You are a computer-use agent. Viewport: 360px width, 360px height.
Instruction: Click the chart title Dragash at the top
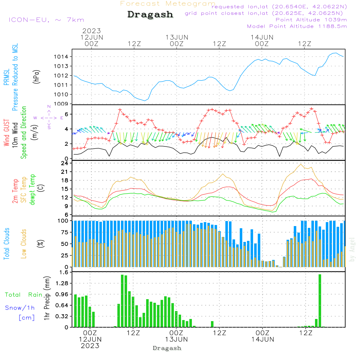click(150, 15)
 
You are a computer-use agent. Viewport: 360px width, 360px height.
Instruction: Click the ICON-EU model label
click(46, 20)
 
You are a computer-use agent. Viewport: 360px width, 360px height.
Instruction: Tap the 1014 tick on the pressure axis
click(63, 57)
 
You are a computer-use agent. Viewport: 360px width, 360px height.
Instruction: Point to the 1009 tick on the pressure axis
click(63, 104)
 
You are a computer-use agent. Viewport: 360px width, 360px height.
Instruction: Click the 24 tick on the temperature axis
click(65, 163)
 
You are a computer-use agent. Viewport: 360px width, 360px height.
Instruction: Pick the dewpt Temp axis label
click(32, 190)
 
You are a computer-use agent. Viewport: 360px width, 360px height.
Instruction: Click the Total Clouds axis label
click(6, 244)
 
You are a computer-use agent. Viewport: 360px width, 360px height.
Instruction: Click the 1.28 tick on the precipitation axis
click(61, 284)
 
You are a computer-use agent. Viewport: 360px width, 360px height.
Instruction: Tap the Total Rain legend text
click(24, 295)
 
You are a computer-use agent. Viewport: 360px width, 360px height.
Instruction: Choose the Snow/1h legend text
click(20, 308)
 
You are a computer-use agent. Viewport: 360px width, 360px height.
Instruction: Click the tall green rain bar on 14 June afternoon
click(320, 301)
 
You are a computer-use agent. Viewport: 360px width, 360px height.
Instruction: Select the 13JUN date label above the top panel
click(177, 37)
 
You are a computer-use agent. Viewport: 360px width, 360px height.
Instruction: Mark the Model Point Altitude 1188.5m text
click(297, 26)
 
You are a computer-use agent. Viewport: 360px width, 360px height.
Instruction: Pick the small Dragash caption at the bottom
click(167, 348)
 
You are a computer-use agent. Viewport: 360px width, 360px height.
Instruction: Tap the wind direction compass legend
click(49, 117)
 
